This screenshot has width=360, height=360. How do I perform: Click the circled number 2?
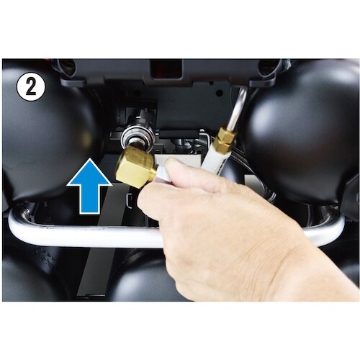30,87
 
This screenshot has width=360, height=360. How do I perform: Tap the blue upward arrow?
89,186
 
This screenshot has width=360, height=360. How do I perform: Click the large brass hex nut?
135,166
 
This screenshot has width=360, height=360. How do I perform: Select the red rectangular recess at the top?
166,69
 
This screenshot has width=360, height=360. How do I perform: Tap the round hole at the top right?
268,66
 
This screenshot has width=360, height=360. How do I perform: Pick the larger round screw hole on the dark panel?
219,92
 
